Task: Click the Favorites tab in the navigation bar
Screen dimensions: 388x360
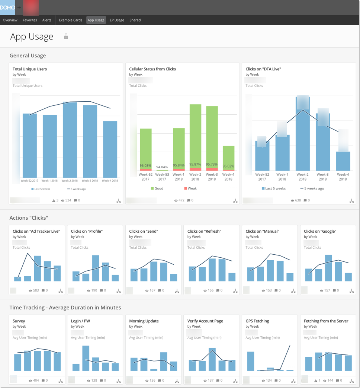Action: pyautogui.click(x=30, y=20)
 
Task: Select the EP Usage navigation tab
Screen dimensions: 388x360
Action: pyautogui.click(x=117, y=20)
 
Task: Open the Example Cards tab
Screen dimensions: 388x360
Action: pyautogui.click(x=70, y=20)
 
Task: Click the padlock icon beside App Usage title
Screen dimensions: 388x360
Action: pyautogui.click(x=66, y=36)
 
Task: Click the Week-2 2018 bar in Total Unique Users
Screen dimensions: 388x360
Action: pyautogui.click(x=70, y=140)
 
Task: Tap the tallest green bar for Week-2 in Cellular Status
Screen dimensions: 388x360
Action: pyautogui.click(x=195, y=136)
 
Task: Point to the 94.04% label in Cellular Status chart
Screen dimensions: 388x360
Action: pyautogui.click(x=162, y=167)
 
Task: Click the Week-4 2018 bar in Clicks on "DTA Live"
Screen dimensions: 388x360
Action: pyautogui.click(x=343, y=161)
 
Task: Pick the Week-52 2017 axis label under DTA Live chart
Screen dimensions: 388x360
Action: pyautogui.click(x=262, y=176)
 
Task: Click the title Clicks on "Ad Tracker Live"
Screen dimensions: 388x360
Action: pyautogui.click(x=36, y=231)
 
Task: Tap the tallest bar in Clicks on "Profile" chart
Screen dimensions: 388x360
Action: pyautogui.click(x=96, y=268)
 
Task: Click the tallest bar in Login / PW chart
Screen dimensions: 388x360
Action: pyautogui.click(x=86, y=358)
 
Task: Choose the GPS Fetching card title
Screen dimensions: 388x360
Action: pyautogui.click(x=257, y=321)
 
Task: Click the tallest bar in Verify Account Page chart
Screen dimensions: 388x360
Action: pyautogui.click(x=212, y=359)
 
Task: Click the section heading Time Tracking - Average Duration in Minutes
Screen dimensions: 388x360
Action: pyautogui.click(x=65, y=308)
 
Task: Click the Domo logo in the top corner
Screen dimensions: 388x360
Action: pyautogui.click(x=7, y=7)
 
